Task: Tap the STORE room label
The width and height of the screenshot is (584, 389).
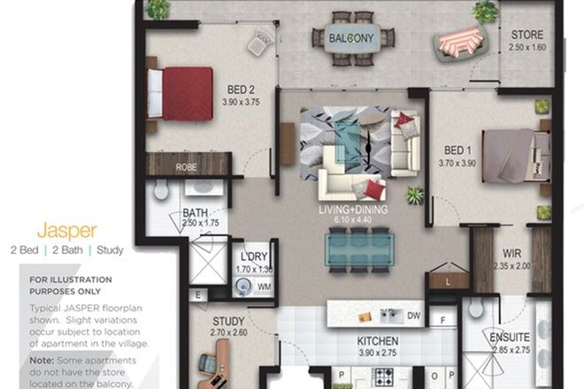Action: pyautogui.click(x=527, y=35)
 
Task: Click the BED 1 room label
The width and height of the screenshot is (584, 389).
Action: pyautogui.click(x=457, y=150)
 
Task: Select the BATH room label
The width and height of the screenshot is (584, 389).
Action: pyautogui.click(x=196, y=213)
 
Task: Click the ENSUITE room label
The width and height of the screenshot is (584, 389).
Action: pyautogui.click(x=509, y=337)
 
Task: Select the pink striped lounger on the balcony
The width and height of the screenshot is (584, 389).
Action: pyautogui.click(x=459, y=41)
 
